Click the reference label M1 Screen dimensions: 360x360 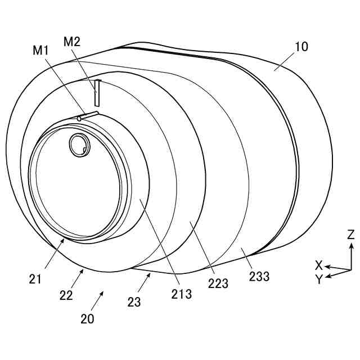click(x=41, y=50)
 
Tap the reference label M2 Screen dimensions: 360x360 click(x=72, y=41)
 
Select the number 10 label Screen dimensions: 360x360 click(x=301, y=47)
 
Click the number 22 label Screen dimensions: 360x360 click(x=66, y=295)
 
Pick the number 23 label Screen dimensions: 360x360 click(x=133, y=301)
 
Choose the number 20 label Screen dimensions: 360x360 click(x=87, y=319)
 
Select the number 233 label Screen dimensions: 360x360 click(x=259, y=277)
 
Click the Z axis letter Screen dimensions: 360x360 click(x=350, y=234)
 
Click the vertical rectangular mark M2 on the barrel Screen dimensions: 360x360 click(x=97, y=93)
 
